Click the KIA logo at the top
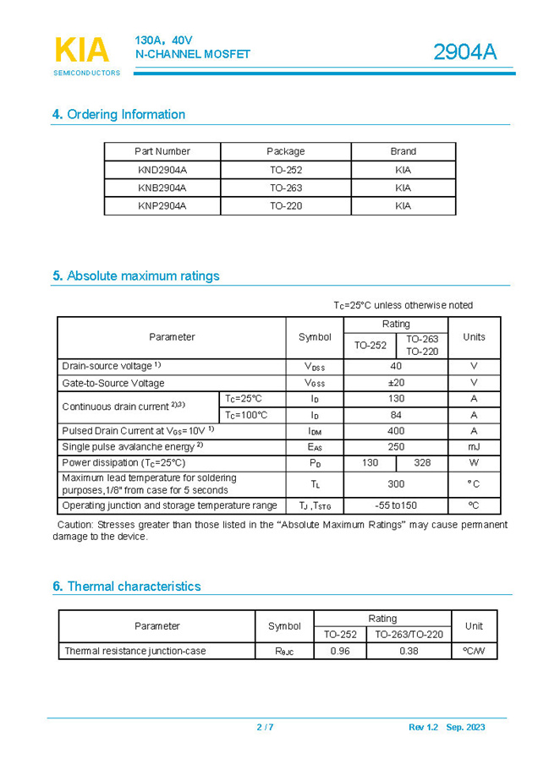(x=82, y=51)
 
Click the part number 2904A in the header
(x=464, y=52)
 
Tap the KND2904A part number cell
(x=162, y=170)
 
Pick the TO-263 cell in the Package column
(x=286, y=188)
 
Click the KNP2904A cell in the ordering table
(x=162, y=205)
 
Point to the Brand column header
(x=403, y=151)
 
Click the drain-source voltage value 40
(x=396, y=366)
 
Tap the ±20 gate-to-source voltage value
(x=396, y=383)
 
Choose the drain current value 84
(x=396, y=415)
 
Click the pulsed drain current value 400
(x=396, y=431)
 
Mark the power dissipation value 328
(x=422, y=463)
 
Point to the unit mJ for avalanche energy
(x=474, y=447)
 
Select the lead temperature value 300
(x=396, y=484)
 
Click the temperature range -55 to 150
(x=396, y=505)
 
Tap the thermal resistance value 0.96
(x=340, y=651)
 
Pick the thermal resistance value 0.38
(x=409, y=651)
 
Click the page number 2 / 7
(x=265, y=728)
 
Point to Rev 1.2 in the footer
(x=423, y=728)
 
